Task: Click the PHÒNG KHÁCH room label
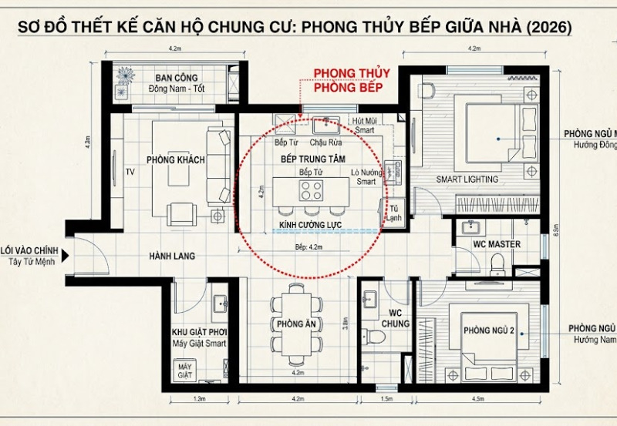tap(176, 159)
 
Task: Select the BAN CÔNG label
tap(176, 79)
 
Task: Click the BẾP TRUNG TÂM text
tap(312, 157)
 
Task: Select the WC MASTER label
tap(497, 245)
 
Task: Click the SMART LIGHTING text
tap(467, 179)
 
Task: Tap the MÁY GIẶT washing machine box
tap(184, 371)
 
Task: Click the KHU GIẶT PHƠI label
tap(199, 333)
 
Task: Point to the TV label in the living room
tap(130, 173)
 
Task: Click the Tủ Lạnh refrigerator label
tap(395, 213)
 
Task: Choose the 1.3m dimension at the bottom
tap(200, 401)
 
